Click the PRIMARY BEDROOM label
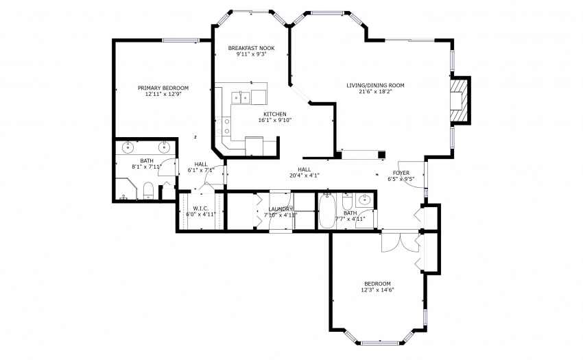(x=163, y=88)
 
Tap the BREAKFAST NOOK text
(x=251, y=48)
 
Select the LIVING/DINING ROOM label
(x=375, y=85)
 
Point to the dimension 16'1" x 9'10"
(x=275, y=120)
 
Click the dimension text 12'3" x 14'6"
(x=377, y=289)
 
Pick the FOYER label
(x=401, y=173)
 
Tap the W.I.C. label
(x=200, y=208)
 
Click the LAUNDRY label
(x=281, y=209)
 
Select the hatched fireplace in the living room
(x=460, y=100)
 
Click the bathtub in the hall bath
(x=327, y=211)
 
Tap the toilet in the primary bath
(x=148, y=191)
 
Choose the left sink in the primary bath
(x=128, y=147)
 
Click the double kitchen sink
(x=241, y=98)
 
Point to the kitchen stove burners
(x=222, y=126)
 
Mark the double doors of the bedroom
(x=400, y=242)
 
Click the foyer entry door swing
(x=411, y=175)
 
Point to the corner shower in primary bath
(x=125, y=189)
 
